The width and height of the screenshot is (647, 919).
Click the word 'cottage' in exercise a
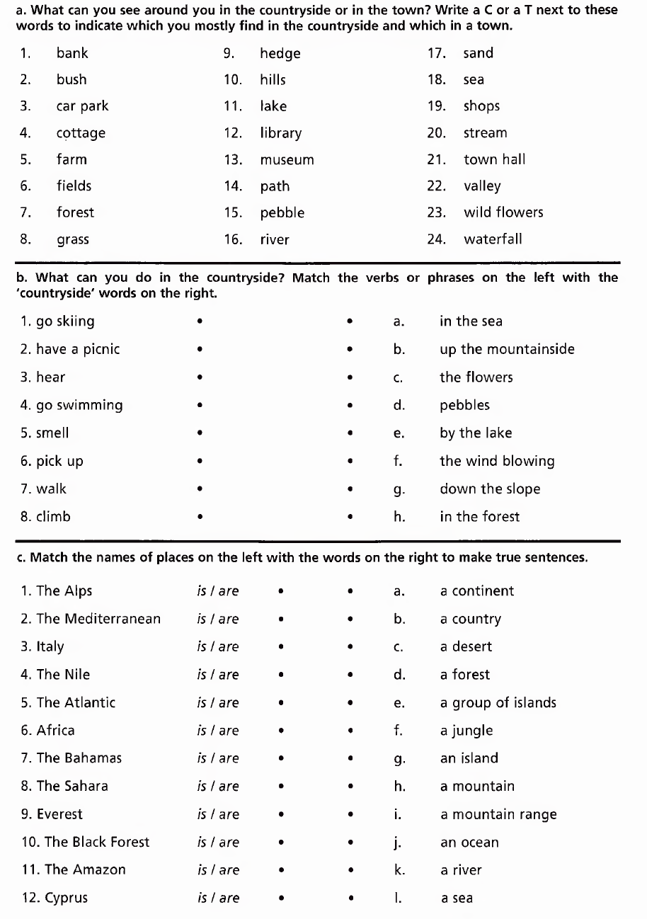pos(81,133)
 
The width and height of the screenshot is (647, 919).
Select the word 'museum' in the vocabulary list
pos(287,160)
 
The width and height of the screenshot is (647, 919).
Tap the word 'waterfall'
pos(493,239)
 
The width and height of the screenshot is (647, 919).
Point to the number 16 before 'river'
pos(233,239)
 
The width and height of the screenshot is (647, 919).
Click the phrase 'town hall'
pos(494,159)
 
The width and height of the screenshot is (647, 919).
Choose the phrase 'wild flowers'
pos(503,212)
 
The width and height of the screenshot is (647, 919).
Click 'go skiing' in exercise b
pos(57,321)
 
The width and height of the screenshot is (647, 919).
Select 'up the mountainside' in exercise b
pos(507,349)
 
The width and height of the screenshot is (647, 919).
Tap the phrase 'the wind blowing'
pos(497,461)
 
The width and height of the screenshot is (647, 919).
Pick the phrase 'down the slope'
pos(490,489)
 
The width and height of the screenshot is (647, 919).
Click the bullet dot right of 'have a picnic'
pos(201,350)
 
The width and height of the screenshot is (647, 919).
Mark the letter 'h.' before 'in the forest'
pos(399,517)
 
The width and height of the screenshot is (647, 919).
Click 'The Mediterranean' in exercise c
pos(91,619)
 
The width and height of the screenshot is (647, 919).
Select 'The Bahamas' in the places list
pos(71,758)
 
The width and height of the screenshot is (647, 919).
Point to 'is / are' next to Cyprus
pos(218,898)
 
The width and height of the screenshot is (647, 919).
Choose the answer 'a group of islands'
pos(498,703)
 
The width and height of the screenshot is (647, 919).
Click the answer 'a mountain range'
pos(498,814)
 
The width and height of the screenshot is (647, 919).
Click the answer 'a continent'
pos(477,591)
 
